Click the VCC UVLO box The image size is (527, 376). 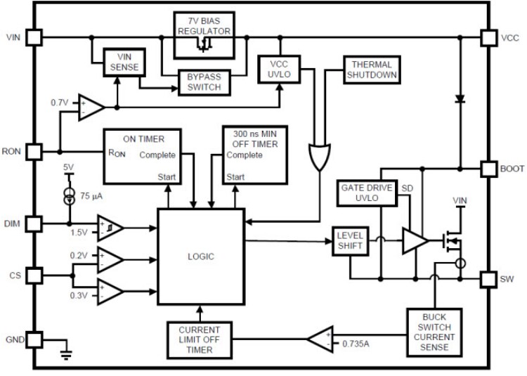click(x=280, y=67)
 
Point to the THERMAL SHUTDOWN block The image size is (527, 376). click(x=370, y=70)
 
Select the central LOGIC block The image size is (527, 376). click(x=201, y=256)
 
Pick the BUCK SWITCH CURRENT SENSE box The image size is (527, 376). click(x=436, y=330)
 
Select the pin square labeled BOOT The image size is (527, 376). click(x=488, y=169)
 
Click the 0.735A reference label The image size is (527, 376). click(x=357, y=343)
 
